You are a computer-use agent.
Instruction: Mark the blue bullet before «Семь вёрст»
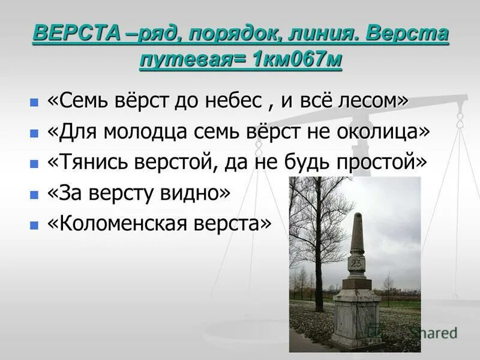point(34,103)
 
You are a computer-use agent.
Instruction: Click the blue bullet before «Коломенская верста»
point(34,225)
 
